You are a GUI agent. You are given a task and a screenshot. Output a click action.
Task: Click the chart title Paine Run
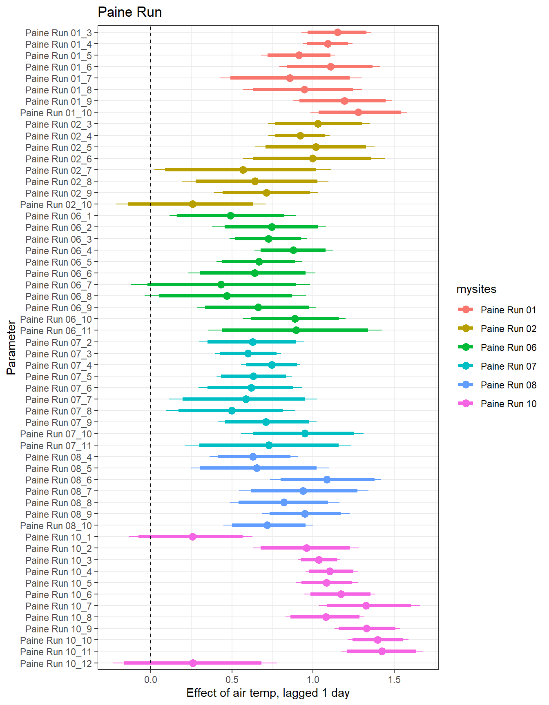[129, 12]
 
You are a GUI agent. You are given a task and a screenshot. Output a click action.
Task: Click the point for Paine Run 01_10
[358, 113]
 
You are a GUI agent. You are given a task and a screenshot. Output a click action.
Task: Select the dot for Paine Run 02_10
[192, 204]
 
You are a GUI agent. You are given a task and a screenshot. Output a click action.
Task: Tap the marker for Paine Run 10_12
[193, 663]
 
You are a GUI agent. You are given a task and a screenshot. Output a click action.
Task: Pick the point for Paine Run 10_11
[382, 652]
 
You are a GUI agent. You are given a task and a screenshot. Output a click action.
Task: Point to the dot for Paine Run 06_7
[221, 285]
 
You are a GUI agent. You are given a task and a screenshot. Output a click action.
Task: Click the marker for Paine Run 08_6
[327, 480]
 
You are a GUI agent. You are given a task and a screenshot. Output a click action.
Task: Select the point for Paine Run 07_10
[305, 434]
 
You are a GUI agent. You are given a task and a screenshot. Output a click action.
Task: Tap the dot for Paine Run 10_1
[192, 537]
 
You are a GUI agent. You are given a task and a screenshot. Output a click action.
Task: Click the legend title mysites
[476, 289]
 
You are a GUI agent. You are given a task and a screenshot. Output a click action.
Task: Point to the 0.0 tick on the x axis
[151, 680]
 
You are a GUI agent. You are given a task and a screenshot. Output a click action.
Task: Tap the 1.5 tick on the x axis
[394, 680]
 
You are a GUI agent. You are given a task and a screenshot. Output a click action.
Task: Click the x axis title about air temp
[268, 693]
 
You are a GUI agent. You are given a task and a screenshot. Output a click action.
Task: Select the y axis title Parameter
[11, 348]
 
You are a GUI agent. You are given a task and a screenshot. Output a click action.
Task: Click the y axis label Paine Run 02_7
[58, 171]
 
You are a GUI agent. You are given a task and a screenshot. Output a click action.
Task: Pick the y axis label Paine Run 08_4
[58, 457]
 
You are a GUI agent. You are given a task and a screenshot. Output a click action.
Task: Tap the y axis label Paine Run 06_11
[56, 331]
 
